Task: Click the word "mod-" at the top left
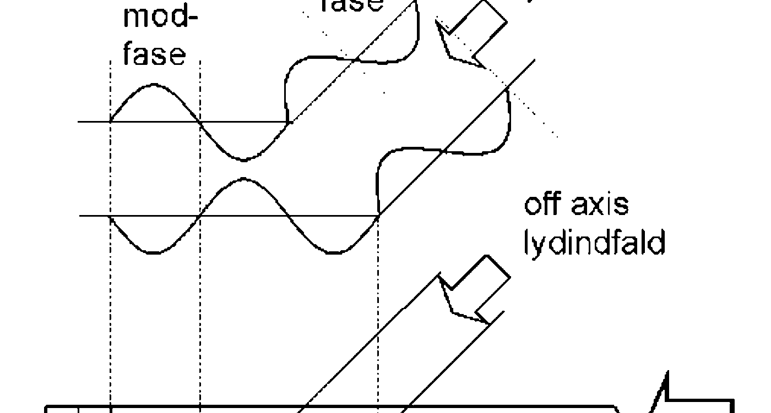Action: coord(160,18)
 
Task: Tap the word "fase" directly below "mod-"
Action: coord(154,55)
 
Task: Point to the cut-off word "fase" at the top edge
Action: coord(351,5)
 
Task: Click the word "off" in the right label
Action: coord(542,204)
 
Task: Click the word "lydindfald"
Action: coord(594,242)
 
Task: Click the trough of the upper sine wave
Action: coord(244,160)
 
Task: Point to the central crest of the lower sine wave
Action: coord(244,179)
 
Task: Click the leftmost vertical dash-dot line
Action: coord(111,308)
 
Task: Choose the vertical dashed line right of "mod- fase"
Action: coord(200,308)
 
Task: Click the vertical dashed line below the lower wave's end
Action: coord(378,308)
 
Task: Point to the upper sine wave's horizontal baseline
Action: coord(94,122)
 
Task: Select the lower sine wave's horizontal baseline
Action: coord(94,216)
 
